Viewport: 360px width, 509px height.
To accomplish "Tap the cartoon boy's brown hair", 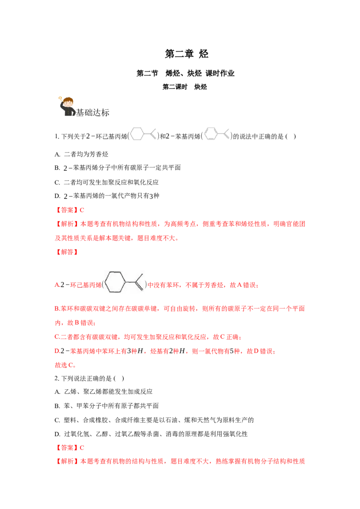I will click(68, 99).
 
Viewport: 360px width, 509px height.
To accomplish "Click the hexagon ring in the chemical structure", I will click(116, 282).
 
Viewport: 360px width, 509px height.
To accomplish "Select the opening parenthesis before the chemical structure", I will click(103, 285).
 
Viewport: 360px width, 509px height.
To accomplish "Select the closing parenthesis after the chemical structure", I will click(146, 285).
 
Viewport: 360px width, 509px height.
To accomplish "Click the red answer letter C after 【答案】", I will click(81, 210).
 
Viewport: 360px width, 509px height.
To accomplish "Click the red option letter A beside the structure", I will click(57, 285).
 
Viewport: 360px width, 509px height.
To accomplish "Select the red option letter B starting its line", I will click(56, 309).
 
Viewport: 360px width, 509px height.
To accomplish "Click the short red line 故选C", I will click(64, 366).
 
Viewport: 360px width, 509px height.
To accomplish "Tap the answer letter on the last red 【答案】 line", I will click(81, 448).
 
